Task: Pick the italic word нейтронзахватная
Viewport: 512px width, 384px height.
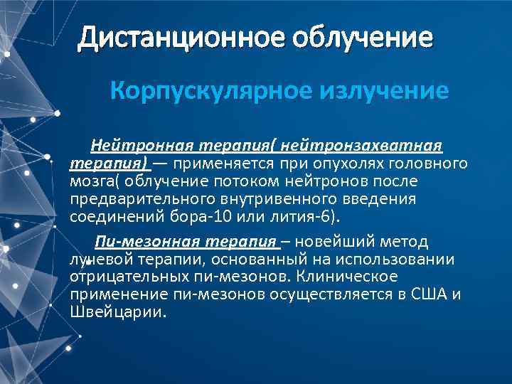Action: (363, 146)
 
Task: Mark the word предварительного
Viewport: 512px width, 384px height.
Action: (139, 198)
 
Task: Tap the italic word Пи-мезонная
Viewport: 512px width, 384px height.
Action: (137, 241)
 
